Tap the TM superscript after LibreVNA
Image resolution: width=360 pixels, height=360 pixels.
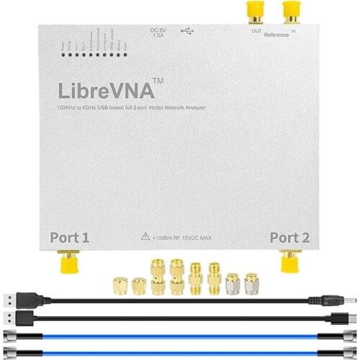[x=158, y=82]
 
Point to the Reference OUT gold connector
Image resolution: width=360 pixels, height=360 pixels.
[x=255, y=10]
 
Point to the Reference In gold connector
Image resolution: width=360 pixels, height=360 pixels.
[x=292, y=10]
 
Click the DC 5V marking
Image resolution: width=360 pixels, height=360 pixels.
[x=157, y=29]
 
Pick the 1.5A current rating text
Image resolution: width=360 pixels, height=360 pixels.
[x=157, y=35]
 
